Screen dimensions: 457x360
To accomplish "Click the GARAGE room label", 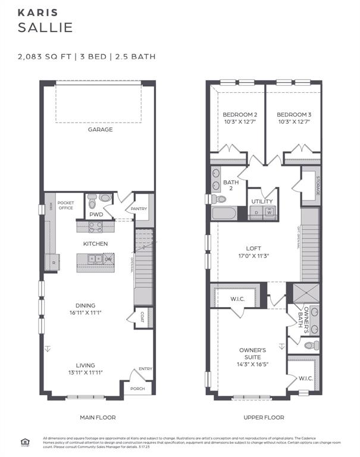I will (100, 129).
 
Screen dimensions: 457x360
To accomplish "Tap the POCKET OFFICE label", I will (66, 205).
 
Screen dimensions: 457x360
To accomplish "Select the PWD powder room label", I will (96, 215).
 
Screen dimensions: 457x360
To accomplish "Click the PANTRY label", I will (139, 209).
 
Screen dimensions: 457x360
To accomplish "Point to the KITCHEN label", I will (95, 244).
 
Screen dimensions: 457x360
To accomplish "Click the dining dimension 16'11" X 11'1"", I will (89, 312).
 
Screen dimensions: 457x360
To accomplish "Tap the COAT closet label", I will (143, 317).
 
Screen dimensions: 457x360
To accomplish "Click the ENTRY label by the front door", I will (145, 369).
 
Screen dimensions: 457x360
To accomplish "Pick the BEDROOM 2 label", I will (240, 114).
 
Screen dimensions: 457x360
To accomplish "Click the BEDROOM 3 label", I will (293, 114).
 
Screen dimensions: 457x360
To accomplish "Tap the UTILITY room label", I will (262, 202).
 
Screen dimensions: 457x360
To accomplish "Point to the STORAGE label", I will (318, 187).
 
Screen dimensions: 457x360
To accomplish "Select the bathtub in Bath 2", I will (224, 214).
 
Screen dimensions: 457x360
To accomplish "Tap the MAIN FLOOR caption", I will (98, 418).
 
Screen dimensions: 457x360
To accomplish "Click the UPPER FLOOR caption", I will (264, 418).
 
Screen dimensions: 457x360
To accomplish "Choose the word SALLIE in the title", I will (45, 27).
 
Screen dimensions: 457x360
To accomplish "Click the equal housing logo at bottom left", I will (25, 441).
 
